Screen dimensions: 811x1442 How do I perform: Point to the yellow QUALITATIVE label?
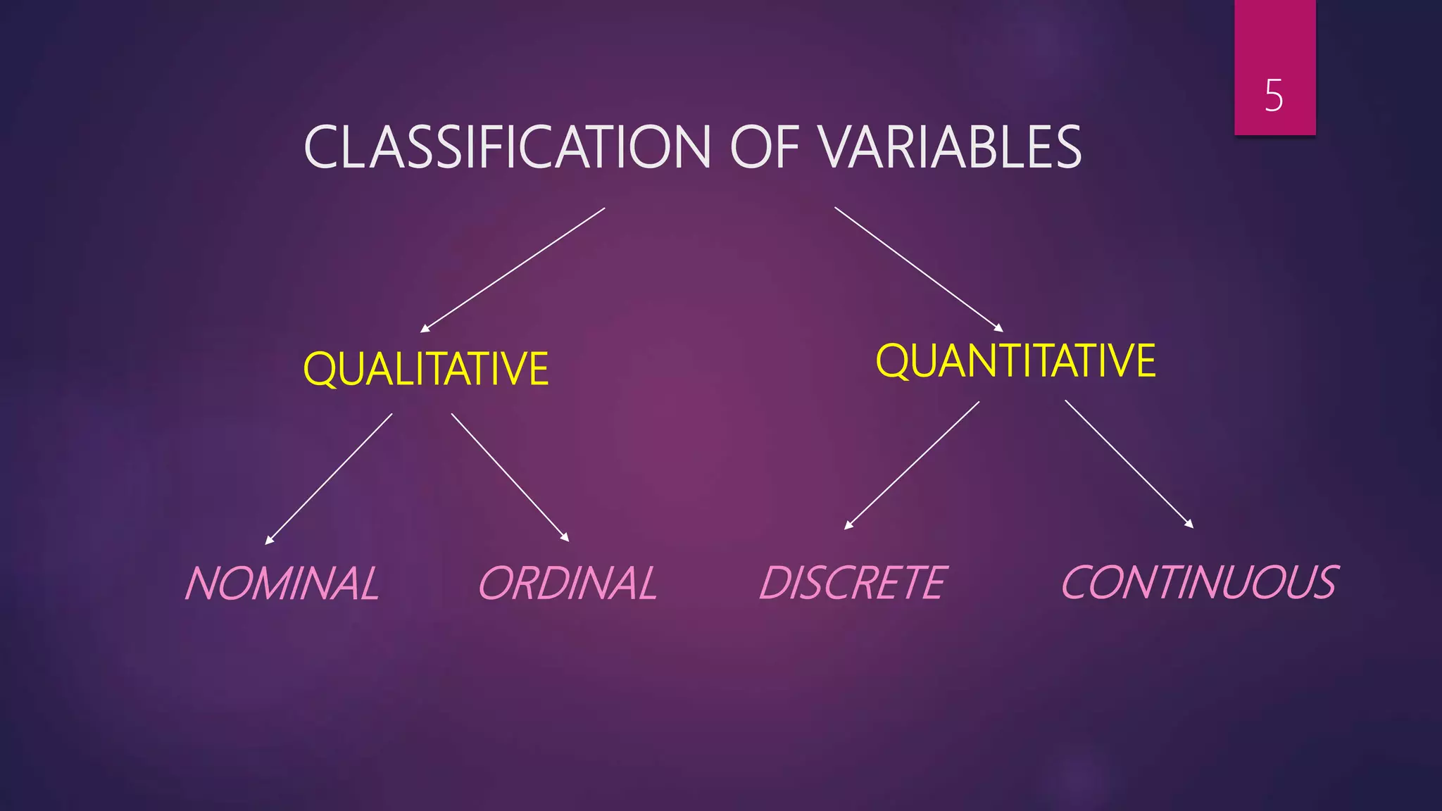pyautogui.click(x=425, y=369)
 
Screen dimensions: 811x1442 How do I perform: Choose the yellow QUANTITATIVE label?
pyautogui.click(x=1015, y=360)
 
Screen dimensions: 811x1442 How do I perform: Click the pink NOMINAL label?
pyautogui.click(x=282, y=583)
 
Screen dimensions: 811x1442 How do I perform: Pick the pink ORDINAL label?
pyautogui.click(x=568, y=583)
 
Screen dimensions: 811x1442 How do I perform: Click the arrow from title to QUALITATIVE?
pyautogui.click(x=513, y=270)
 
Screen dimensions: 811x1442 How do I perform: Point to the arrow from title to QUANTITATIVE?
pyautogui.click(x=918, y=269)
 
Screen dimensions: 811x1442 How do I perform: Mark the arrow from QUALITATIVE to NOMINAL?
pyautogui.click(x=329, y=479)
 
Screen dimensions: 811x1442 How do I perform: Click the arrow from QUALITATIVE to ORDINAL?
pyautogui.click(x=510, y=477)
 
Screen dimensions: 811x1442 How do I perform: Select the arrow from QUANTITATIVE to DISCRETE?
pyautogui.click(x=912, y=465)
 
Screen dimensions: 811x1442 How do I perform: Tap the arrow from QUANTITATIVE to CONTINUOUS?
pyautogui.click(x=1129, y=463)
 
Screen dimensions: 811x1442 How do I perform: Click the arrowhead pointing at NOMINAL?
pyautogui.click(x=268, y=541)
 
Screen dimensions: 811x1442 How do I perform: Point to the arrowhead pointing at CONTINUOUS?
pyautogui.click(x=1190, y=524)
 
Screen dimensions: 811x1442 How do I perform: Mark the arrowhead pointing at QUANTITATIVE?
pyautogui.click(x=999, y=328)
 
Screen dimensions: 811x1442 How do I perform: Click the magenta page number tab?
pyautogui.click(x=1274, y=42)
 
